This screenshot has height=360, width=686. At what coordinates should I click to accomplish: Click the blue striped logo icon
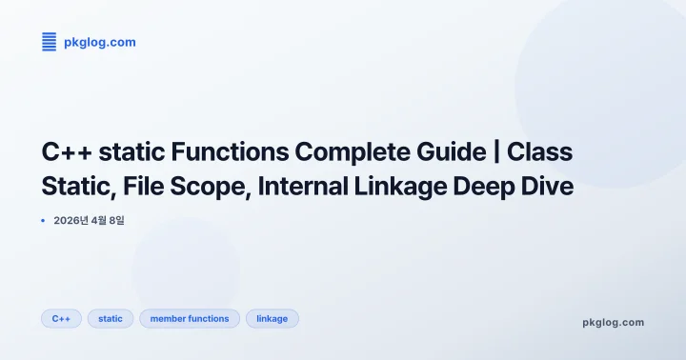click(50, 41)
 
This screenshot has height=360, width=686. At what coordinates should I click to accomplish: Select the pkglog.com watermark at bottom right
click(613, 322)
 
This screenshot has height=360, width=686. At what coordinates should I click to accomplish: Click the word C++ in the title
click(68, 151)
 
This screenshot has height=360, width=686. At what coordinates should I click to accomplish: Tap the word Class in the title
click(540, 151)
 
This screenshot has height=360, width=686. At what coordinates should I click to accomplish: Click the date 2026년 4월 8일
click(90, 220)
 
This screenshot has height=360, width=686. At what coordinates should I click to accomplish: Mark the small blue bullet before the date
click(43, 220)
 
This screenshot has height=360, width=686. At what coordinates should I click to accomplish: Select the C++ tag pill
click(61, 318)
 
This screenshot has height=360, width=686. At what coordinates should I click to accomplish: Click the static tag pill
click(111, 318)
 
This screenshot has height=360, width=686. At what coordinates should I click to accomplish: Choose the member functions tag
click(190, 318)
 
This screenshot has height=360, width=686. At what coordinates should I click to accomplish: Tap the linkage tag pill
click(272, 318)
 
